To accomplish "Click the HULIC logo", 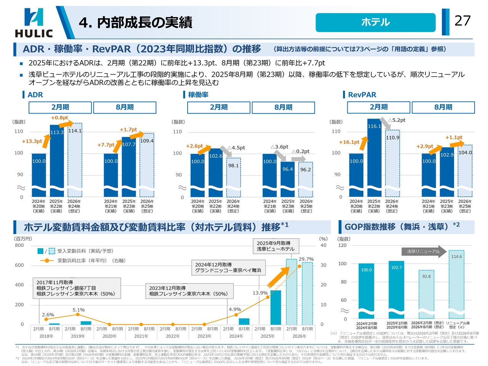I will click(34, 23).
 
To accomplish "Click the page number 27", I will click(462, 21).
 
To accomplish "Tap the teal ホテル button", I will click(375, 22).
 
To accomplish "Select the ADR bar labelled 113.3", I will click(57, 160).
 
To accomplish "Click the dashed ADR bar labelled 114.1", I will click(75, 160).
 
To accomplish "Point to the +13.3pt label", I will click(32, 141).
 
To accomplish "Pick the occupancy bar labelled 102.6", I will click(215, 172).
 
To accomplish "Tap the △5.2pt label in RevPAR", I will click(396, 120).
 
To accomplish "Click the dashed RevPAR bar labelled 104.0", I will click(465, 172).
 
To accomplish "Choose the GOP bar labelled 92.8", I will click(426, 294).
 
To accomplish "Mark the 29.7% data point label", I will click(306, 259).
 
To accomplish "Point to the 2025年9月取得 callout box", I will click(276, 246).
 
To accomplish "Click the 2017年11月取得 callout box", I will click(77, 288).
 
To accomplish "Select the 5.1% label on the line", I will click(79, 310).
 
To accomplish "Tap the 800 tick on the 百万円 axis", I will click(19, 246).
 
